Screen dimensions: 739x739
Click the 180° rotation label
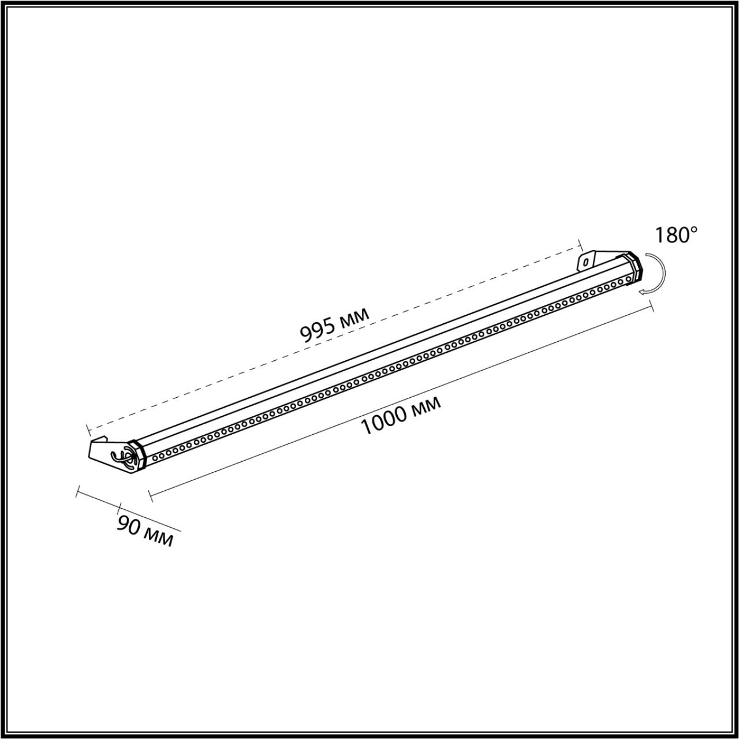click(x=676, y=235)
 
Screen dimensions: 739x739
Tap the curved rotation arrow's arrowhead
click(x=642, y=292)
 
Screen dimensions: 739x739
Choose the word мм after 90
click(x=158, y=538)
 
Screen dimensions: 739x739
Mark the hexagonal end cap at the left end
click(x=137, y=456)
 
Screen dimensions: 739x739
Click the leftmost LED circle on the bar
click(x=155, y=457)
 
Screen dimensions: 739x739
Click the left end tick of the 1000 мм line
click(x=150, y=495)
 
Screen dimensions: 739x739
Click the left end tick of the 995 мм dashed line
click(x=88, y=430)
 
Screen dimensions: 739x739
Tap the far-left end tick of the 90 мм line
click(x=77, y=492)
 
